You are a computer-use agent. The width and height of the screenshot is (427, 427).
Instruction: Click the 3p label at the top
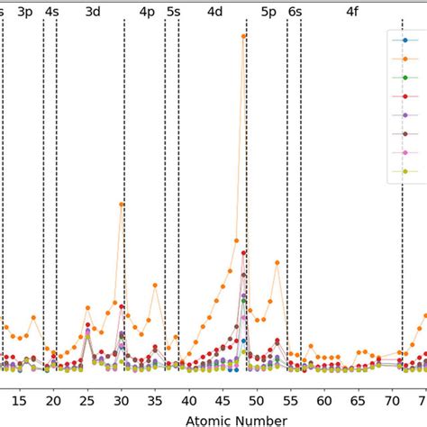click(26, 12)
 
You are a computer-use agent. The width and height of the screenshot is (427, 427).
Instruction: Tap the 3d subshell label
click(92, 12)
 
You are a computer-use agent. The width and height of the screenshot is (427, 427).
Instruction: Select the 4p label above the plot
click(147, 12)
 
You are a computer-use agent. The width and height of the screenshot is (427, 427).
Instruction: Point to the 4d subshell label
click(214, 12)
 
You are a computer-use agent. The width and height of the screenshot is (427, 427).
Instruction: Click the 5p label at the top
click(268, 12)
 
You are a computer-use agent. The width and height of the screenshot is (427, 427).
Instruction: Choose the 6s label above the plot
click(295, 12)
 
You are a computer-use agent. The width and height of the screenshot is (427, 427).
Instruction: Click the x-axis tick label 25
click(87, 396)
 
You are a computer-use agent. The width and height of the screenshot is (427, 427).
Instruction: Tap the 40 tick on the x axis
click(189, 396)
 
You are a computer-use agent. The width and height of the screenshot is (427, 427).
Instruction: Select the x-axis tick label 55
click(291, 396)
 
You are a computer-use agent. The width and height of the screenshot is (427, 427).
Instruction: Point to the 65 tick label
click(359, 396)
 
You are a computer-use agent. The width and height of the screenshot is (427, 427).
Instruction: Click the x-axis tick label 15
click(20, 396)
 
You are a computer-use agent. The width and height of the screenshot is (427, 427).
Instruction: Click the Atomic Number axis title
click(236, 418)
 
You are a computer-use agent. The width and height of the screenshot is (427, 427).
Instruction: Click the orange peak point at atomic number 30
click(122, 204)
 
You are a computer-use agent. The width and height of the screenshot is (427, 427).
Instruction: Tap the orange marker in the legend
click(404, 59)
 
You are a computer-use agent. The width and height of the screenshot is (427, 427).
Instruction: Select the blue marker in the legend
click(404, 40)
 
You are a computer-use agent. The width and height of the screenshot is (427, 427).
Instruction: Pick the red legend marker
click(404, 95)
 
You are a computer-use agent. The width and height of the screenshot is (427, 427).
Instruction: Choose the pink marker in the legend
click(404, 152)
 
